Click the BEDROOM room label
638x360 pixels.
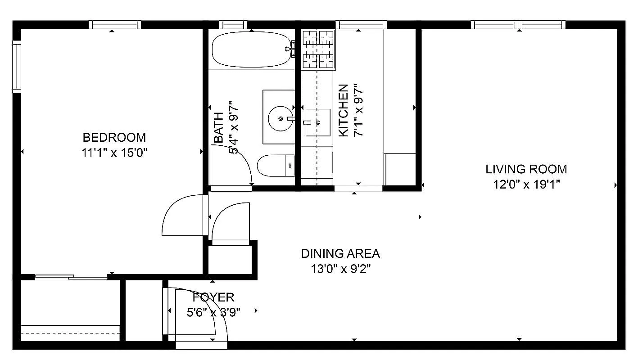point(114,137)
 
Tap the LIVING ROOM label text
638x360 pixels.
point(526,169)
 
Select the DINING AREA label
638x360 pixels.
point(340,254)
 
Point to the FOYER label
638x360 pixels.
point(213,297)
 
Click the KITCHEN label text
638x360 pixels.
point(343,110)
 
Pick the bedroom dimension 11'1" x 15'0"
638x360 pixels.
point(114,153)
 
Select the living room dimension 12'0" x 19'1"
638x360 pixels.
point(526,184)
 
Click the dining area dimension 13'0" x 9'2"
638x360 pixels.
point(340,269)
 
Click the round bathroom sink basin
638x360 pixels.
point(280,118)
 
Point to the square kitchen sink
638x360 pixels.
point(317,122)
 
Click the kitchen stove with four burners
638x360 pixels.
point(318,49)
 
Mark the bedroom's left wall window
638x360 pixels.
point(17,67)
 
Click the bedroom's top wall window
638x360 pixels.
point(114,25)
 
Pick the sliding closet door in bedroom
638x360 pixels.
point(71,277)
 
